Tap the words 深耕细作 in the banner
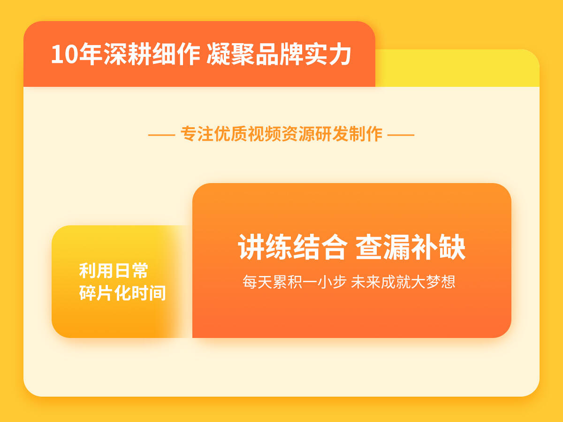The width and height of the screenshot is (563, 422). [152, 54]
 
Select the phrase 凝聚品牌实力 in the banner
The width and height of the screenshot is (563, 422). [279, 54]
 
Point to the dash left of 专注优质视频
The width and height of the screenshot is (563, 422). [161, 135]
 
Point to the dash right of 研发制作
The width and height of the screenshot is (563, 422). [401, 135]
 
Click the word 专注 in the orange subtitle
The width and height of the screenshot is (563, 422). [197, 134]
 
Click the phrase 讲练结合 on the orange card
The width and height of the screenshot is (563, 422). [293, 247]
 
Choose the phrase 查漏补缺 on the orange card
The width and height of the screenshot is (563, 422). [411, 247]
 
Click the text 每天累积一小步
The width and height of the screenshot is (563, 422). [295, 282]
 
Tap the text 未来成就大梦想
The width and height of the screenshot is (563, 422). [403, 282]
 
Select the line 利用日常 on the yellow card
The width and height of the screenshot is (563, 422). [114, 271]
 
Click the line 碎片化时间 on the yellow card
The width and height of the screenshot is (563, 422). [122, 293]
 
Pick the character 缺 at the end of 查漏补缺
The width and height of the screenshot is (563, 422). [452, 247]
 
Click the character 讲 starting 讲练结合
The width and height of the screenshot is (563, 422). [251, 247]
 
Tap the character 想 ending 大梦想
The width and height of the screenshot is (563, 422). [448, 282]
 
